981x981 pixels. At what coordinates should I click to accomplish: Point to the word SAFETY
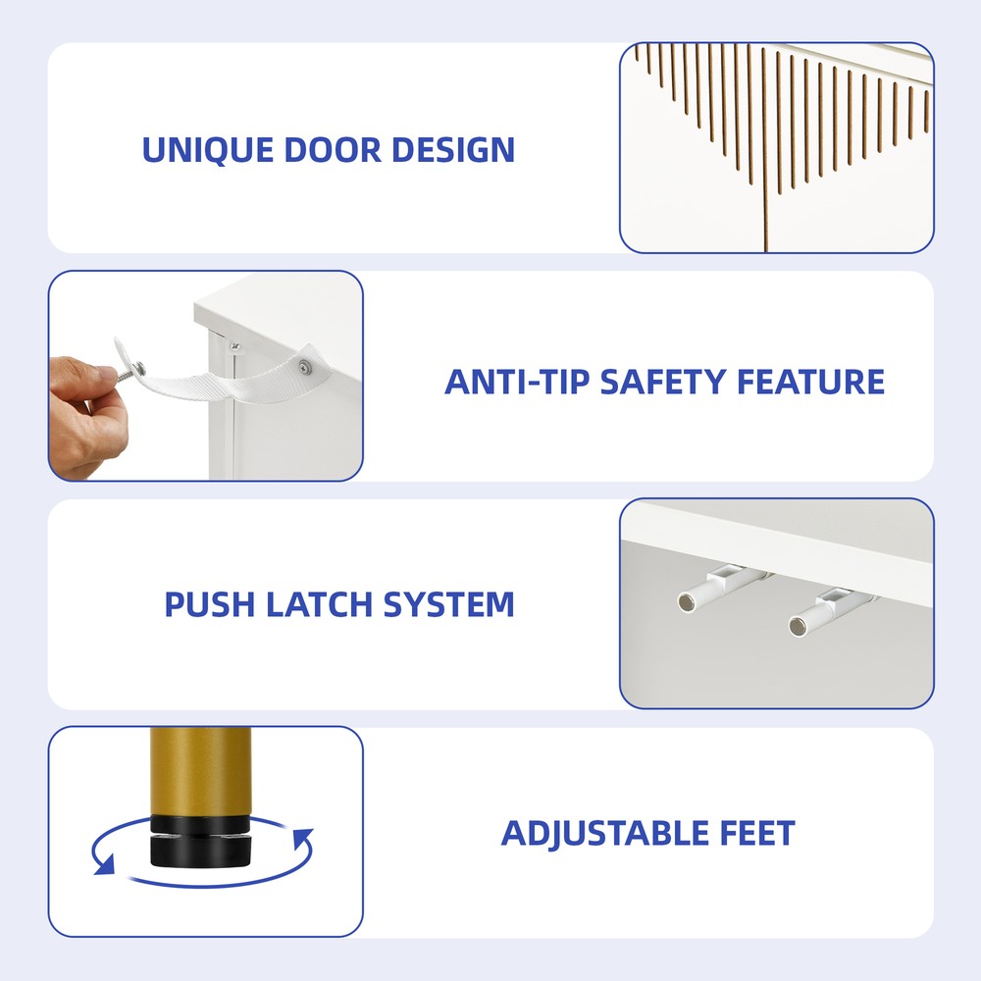(662, 382)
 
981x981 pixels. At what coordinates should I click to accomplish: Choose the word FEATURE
(811, 382)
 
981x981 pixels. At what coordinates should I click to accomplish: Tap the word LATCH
(319, 604)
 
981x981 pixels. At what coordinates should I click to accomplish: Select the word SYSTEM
(448, 604)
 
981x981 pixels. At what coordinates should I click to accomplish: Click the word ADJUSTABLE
(604, 833)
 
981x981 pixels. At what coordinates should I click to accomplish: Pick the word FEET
(757, 833)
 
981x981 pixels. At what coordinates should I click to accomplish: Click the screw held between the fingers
(131, 372)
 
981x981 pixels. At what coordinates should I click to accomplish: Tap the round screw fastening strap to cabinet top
(305, 367)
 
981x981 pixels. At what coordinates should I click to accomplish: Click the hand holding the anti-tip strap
(86, 414)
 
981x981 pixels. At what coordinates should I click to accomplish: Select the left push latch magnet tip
(687, 603)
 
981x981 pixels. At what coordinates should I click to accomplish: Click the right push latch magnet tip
(798, 626)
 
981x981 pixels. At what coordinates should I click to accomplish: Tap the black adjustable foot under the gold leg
(200, 841)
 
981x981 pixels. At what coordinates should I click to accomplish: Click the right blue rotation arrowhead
(303, 838)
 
